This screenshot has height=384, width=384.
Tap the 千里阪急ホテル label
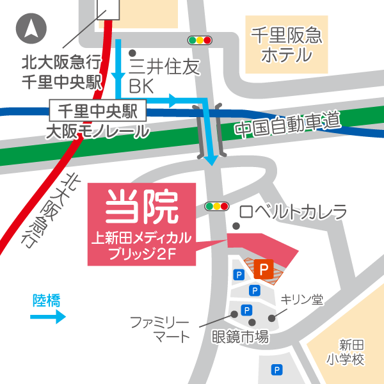pyautogui.click(x=287, y=44)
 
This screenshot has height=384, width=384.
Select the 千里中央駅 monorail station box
pyautogui.click(x=97, y=110)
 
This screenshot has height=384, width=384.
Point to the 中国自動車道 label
pyautogui.click(x=285, y=124)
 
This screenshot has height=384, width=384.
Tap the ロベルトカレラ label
pyautogui.click(x=293, y=212)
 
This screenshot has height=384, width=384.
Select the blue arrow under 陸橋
pyautogui.click(x=49, y=316)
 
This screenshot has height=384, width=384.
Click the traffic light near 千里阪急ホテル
pyautogui.click(x=200, y=40)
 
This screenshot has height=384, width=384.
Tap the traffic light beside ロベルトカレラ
pyautogui.click(x=216, y=207)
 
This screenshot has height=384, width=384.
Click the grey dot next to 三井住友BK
pyautogui.click(x=132, y=53)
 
